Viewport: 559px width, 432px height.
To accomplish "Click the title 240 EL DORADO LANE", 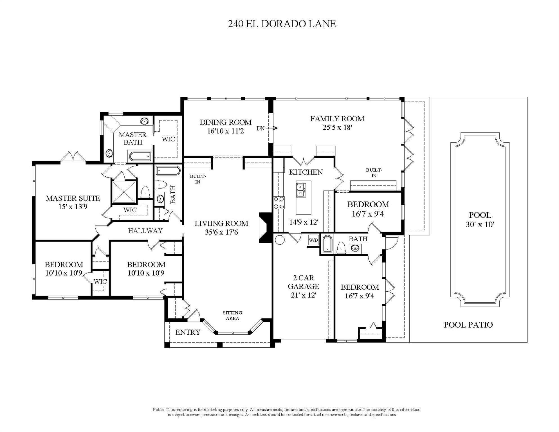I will (282, 24).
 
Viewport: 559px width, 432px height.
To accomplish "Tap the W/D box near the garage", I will (313, 240).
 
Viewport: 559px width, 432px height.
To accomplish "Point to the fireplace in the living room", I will (264, 228).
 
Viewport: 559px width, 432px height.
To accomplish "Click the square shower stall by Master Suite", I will (124, 192).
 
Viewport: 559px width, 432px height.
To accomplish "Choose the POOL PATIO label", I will (468, 325).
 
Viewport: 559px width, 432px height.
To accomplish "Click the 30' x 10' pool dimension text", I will (480, 224).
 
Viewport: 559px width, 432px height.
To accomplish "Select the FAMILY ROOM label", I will (337, 119).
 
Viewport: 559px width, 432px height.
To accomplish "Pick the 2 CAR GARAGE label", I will (303, 282).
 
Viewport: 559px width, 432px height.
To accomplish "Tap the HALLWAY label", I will (145, 231).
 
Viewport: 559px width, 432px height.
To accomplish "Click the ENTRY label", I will (188, 332).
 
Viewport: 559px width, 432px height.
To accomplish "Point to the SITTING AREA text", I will (232, 316).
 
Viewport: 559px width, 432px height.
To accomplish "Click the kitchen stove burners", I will (279, 203).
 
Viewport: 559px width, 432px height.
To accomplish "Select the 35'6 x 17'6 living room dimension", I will (221, 232).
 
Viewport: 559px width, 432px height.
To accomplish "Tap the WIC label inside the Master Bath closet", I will (168, 139).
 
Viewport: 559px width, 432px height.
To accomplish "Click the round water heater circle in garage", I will (280, 240).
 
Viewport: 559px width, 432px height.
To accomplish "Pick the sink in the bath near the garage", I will (355, 248).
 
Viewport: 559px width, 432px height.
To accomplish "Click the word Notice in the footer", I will (158, 409).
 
